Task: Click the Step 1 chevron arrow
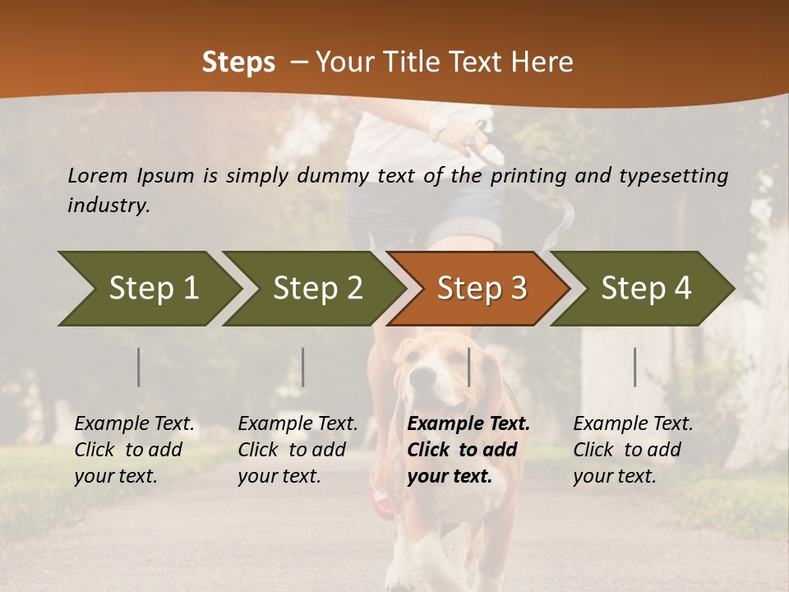point(153,289)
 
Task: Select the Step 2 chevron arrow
point(317,289)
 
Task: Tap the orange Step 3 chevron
point(482,289)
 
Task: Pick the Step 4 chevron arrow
point(646,289)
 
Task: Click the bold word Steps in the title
point(238,62)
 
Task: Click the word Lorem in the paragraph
point(98,176)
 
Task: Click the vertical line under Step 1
point(139,367)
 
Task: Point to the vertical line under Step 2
point(303,367)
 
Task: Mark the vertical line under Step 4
point(635,367)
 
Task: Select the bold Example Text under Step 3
point(468,424)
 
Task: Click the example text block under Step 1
point(134,450)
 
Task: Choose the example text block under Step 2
point(298,450)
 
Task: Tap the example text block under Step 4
point(633,450)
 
